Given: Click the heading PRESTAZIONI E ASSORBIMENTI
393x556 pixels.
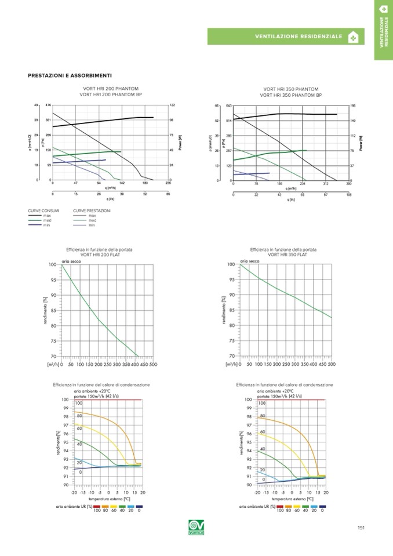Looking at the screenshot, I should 70,76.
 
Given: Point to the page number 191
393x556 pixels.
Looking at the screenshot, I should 361,528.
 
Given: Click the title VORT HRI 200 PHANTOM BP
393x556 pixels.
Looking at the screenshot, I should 110,94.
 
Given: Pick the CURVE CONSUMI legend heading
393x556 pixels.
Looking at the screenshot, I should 44,210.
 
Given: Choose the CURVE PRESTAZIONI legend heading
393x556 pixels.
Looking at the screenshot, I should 92,210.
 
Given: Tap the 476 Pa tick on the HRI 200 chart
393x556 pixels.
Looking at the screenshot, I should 48,106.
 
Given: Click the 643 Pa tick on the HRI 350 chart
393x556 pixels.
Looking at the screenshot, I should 228,106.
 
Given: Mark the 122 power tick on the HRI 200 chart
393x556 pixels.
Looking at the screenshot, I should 172,106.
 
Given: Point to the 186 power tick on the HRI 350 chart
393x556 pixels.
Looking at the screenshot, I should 353,106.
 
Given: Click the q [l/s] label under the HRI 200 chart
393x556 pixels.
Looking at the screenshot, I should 110,199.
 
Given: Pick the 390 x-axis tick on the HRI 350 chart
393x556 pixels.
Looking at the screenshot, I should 348,184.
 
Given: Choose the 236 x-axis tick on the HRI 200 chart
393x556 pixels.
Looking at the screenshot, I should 168,183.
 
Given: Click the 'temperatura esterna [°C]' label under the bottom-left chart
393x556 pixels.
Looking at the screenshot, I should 109,498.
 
